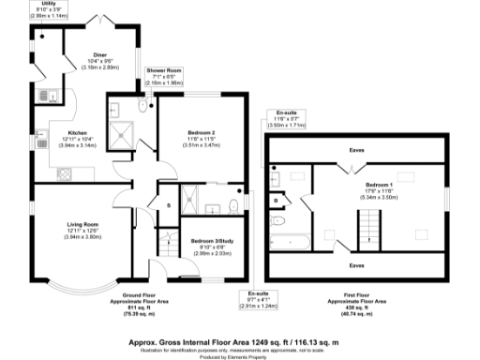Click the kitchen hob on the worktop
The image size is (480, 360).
click(x=67, y=173)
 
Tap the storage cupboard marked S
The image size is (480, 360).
click(x=168, y=205)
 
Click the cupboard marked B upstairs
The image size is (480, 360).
click(x=276, y=200)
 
